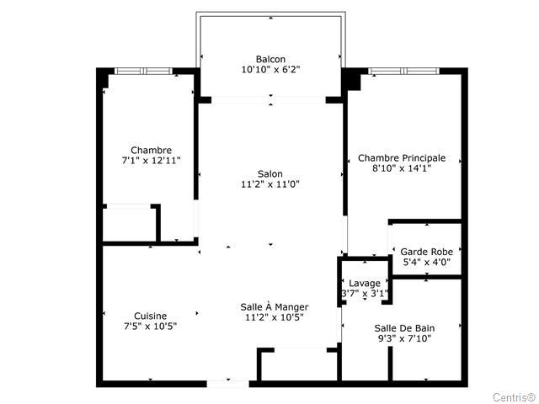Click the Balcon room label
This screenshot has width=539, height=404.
(270, 59)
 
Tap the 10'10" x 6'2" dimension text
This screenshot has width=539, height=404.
(270, 70)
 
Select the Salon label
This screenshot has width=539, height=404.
(270, 174)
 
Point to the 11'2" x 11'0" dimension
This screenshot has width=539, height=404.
(270, 184)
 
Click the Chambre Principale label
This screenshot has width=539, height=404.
(402, 158)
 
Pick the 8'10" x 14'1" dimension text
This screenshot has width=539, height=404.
(402, 168)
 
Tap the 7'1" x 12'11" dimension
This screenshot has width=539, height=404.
(152, 161)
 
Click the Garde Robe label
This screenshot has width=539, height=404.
(427, 252)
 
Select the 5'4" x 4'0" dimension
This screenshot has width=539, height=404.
(427, 262)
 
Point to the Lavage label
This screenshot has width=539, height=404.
(365, 284)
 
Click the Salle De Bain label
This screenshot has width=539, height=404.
(404, 328)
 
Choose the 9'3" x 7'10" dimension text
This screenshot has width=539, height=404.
(404, 338)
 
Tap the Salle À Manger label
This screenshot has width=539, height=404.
(275, 306)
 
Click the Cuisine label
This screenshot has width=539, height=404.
(150, 316)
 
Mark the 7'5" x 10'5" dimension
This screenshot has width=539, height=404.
(150, 326)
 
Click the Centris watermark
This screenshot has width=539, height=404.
(515, 397)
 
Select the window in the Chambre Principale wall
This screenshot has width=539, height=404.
(404, 71)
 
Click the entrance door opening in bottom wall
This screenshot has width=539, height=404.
(228, 384)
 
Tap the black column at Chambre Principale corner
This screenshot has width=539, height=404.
(351, 79)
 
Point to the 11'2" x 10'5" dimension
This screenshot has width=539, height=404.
(275, 317)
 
